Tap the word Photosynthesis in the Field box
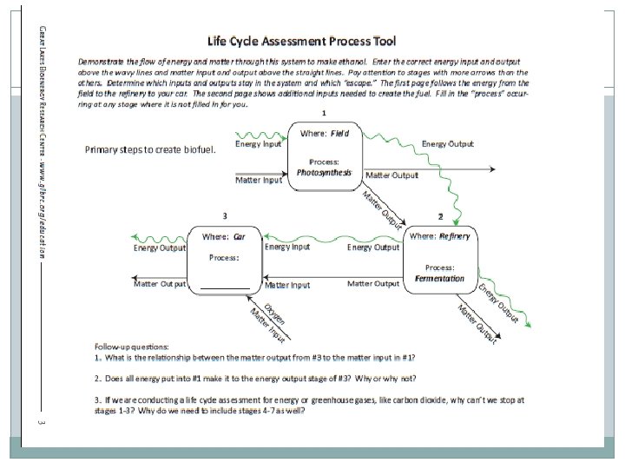324,173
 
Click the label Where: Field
326,133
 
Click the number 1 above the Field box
324,113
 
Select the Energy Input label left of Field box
259,145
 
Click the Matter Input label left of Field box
259,180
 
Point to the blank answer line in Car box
225,287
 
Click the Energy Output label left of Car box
159,248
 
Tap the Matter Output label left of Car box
159,284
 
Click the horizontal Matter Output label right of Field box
392,175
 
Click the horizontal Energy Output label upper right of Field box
447,143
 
